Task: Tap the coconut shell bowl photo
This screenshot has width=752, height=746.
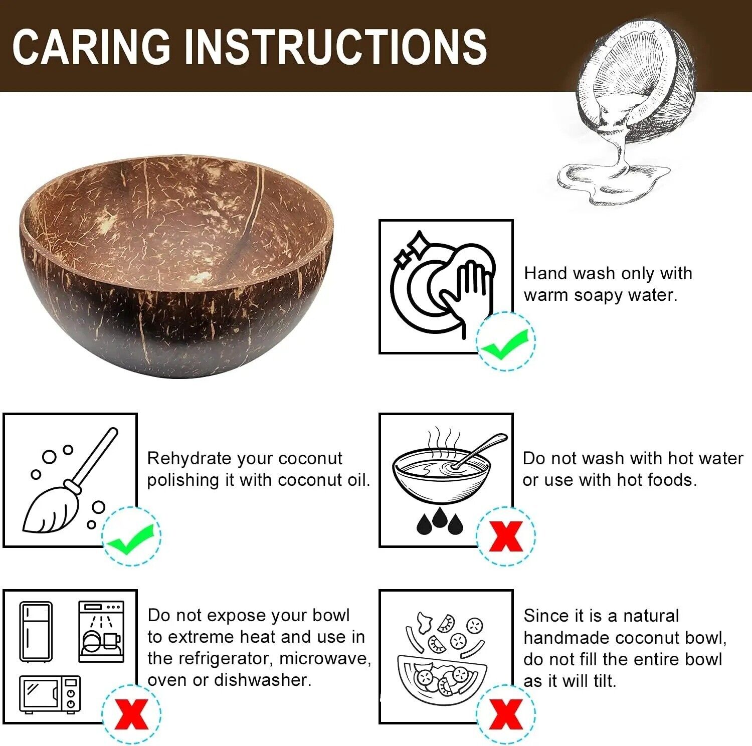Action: [176, 266]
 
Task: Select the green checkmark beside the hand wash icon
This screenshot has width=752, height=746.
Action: [505, 341]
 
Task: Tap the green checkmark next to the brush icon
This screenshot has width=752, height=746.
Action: [131, 536]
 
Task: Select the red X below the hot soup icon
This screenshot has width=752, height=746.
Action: [505, 536]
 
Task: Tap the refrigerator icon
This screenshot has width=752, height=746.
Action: [36, 632]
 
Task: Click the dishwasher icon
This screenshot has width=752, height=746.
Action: [101, 632]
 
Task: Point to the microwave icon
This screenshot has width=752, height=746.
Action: [50, 694]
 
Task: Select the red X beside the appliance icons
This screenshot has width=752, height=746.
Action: [131, 713]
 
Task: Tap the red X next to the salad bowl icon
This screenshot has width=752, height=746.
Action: [505, 713]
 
